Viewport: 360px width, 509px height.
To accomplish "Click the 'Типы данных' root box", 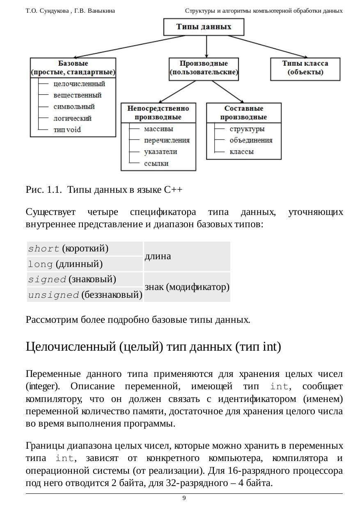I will (x=204, y=27).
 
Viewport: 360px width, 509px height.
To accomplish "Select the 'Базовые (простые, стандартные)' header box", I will (x=73, y=68).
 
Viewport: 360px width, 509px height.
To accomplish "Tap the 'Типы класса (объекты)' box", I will (x=305, y=68).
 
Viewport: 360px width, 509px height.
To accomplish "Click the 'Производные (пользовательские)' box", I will (x=204, y=68).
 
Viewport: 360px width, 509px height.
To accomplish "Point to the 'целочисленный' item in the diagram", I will (x=79, y=84).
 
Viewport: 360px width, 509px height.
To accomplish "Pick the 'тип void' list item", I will (x=67, y=130).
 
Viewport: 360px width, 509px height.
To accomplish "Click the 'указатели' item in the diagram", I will (x=161, y=151).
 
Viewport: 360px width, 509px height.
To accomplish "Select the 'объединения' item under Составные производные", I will (x=251, y=140).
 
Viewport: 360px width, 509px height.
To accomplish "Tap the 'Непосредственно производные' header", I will (x=158, y=113).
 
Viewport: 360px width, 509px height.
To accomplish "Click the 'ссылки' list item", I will (x=156, y=163).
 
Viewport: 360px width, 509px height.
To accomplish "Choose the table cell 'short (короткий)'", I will (x=85, y=249).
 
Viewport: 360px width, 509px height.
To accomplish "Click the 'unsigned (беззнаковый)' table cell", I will (x=85, y=294).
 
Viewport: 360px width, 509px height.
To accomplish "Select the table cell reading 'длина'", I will (x=187, y=256).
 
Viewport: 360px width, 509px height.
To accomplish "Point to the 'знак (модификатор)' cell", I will (x=187, y=287).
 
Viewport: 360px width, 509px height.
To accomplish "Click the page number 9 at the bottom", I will (x=184, y=498).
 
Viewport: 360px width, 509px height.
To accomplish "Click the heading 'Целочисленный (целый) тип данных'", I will (x=153, y=347).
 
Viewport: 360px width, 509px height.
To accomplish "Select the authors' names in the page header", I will (x=70, y=11).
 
